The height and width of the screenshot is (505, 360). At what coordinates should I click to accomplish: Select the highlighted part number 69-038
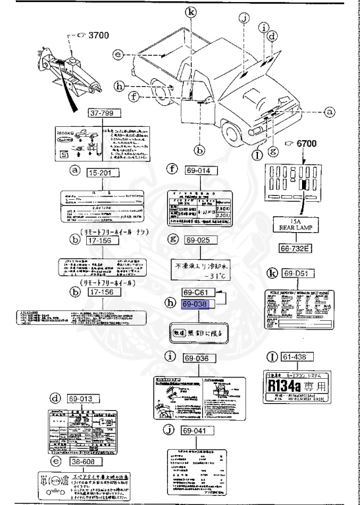(x=200, y=305)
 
